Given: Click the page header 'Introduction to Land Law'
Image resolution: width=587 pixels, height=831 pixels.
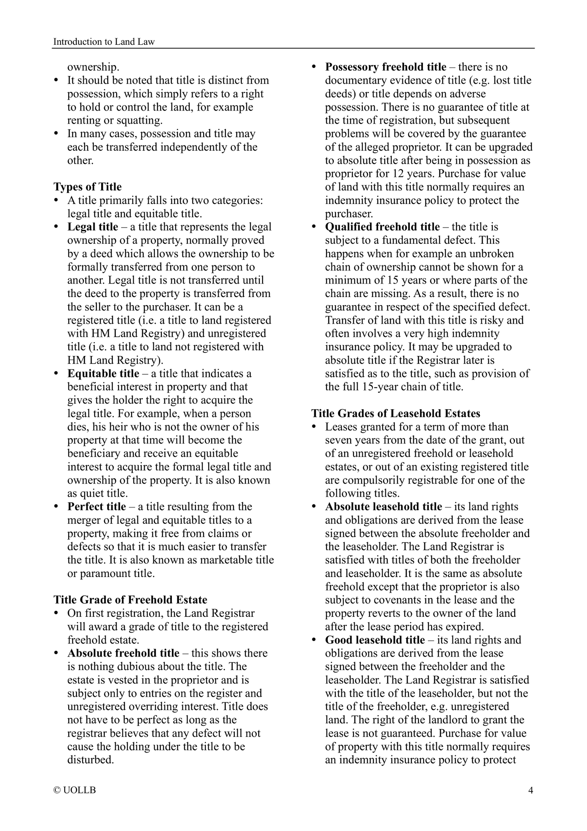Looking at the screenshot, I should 104,41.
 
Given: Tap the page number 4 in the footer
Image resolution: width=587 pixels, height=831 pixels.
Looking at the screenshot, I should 530,790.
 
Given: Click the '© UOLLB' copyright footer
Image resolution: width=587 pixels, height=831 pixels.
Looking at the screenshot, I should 75,790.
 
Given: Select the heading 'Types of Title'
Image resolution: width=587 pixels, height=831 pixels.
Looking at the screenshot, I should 87,187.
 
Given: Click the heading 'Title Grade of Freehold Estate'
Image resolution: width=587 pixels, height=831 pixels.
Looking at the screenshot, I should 130,600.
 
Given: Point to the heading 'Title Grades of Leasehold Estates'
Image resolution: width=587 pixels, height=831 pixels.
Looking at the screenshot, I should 396,413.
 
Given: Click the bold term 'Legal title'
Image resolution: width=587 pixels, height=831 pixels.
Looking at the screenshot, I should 93,227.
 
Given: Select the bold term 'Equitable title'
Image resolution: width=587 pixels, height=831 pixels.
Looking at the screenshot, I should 103,373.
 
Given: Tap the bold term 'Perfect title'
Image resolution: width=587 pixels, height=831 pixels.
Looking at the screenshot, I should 97,507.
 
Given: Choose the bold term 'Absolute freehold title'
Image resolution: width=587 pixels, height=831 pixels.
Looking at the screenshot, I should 123,653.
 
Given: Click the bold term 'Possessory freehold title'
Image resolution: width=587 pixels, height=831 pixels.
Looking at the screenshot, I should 386,67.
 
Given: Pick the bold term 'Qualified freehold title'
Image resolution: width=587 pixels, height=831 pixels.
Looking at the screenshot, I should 382,227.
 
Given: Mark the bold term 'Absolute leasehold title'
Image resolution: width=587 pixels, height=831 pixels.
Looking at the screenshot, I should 383,507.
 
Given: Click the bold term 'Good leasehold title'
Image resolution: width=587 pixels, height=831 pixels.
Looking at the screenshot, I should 375,640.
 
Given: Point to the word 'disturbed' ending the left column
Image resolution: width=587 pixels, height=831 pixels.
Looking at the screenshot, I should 90,759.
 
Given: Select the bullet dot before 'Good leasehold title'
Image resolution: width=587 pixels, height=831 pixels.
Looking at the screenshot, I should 314,640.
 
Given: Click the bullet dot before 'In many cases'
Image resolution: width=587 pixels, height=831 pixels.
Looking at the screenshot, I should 56,134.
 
